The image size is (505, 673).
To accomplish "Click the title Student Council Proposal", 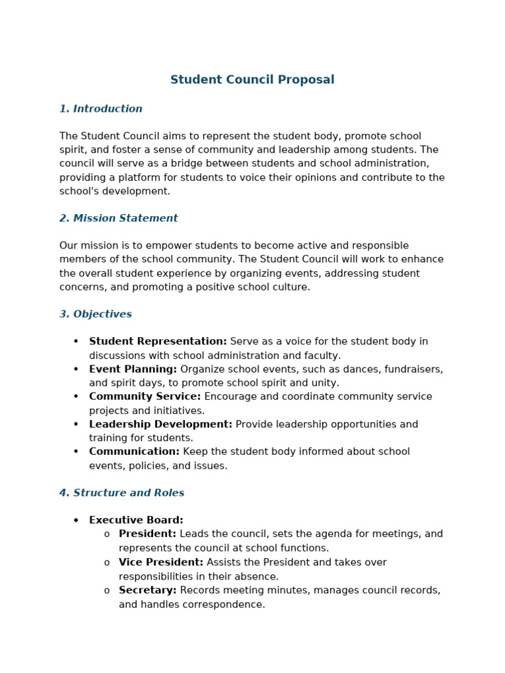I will pyautogui.click(x=252, y=80).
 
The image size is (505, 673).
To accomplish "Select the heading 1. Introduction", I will pyautogui.click(x=101, y=109).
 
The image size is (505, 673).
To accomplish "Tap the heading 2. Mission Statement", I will pyautogui.click(x=118, y=218).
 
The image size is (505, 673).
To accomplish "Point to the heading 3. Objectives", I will pyautogui.click(x=95, y=314).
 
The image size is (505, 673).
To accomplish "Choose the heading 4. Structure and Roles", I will pyautogui.click(x=122, y=493).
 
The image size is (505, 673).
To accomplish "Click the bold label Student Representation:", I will pyautogui.click(x=158, y=342).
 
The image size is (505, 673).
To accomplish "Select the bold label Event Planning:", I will pyautogui.click(x=133, y=369).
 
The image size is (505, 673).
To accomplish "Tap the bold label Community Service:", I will pyautogui.click(x=145, y=397).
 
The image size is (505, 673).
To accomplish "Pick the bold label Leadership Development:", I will pyautogui.click(x=160, y=425).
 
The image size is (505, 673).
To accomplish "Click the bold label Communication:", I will pyautogui.click(x=134, y=452).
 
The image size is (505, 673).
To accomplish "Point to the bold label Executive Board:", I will pyautogui.click(x=136, y=521).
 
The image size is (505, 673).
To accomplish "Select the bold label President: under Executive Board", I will pyautogui.click(x=147, y=534).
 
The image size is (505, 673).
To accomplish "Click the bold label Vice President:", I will pyautogui.click(x=161, y=563).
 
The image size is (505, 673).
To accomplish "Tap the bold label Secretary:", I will pyautogui.click(x=147, y=590).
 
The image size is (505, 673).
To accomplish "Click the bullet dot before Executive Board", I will pyautogui.click(x=76, y=521).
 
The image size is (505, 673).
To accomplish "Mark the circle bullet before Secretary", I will pyautogui.click(x=107, y=591).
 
